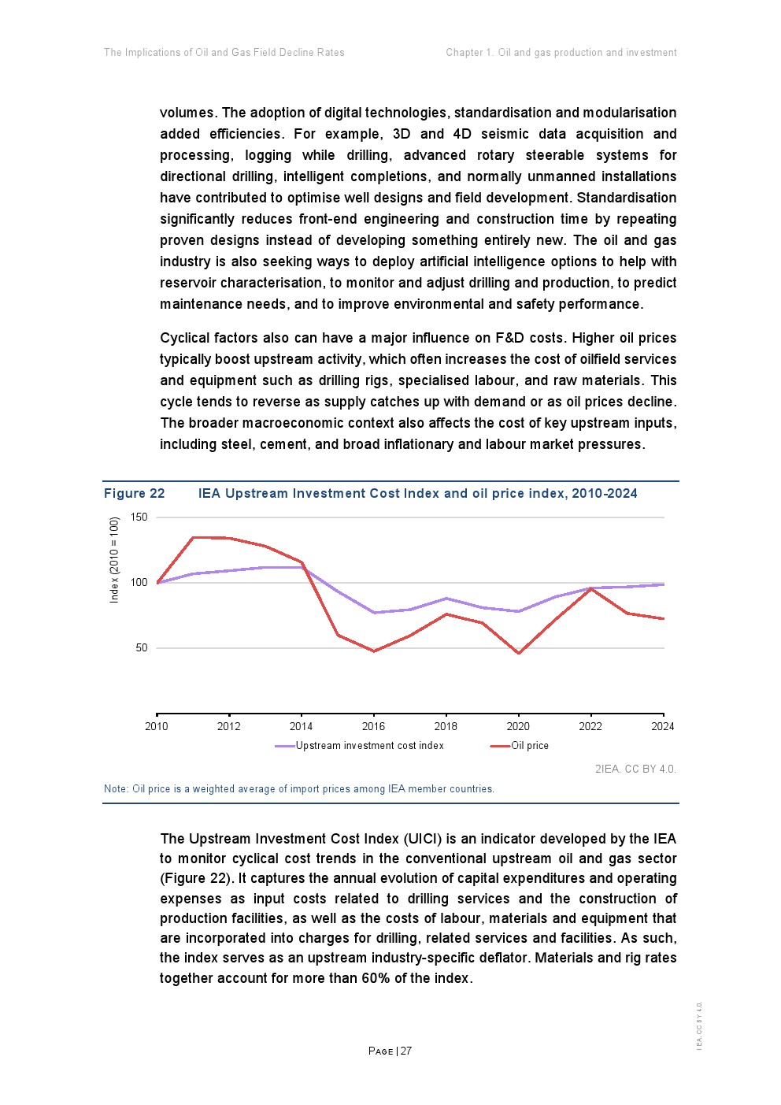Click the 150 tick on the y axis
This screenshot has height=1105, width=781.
point(139,517)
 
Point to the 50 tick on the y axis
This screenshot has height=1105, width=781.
point(142,648)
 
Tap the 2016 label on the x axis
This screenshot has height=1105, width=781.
point(373,726)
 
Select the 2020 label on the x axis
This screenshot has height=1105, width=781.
point(518,726)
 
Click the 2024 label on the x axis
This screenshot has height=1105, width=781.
point(663,726)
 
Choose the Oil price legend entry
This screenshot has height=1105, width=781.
point(529,746)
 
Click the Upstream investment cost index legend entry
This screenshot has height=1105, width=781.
point(369,746)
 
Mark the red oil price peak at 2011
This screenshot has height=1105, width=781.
point(193,538)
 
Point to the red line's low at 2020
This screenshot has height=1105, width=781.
point(519,653)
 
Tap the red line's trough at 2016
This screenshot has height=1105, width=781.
point(374,651)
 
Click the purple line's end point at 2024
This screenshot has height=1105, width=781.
point(664,584)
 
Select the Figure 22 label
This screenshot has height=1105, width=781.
point(135,494)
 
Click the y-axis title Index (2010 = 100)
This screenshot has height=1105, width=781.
point(114,559)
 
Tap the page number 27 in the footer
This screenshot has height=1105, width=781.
point(406,1051)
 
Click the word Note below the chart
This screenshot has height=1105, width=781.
point(115,789)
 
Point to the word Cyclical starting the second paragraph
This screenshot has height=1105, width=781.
point(188,338)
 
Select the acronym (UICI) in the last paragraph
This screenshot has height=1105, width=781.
point(423,839)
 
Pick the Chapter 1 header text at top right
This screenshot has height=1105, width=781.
point(469,53)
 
